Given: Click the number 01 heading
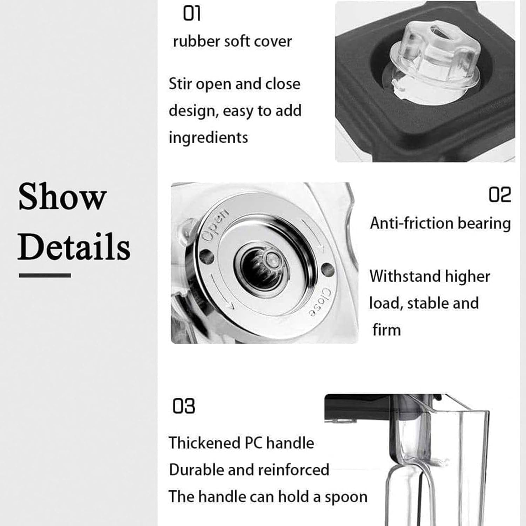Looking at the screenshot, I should point(192,14).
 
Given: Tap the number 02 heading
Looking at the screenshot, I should point(500,195).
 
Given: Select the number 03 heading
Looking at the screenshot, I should point(184,406).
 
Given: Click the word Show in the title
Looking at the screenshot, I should point(62,197).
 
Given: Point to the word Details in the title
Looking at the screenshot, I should point(74,247).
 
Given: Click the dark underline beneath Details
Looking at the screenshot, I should point(45,276).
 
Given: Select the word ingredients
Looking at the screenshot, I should point(208,137).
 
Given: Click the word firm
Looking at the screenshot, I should point(386,330).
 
